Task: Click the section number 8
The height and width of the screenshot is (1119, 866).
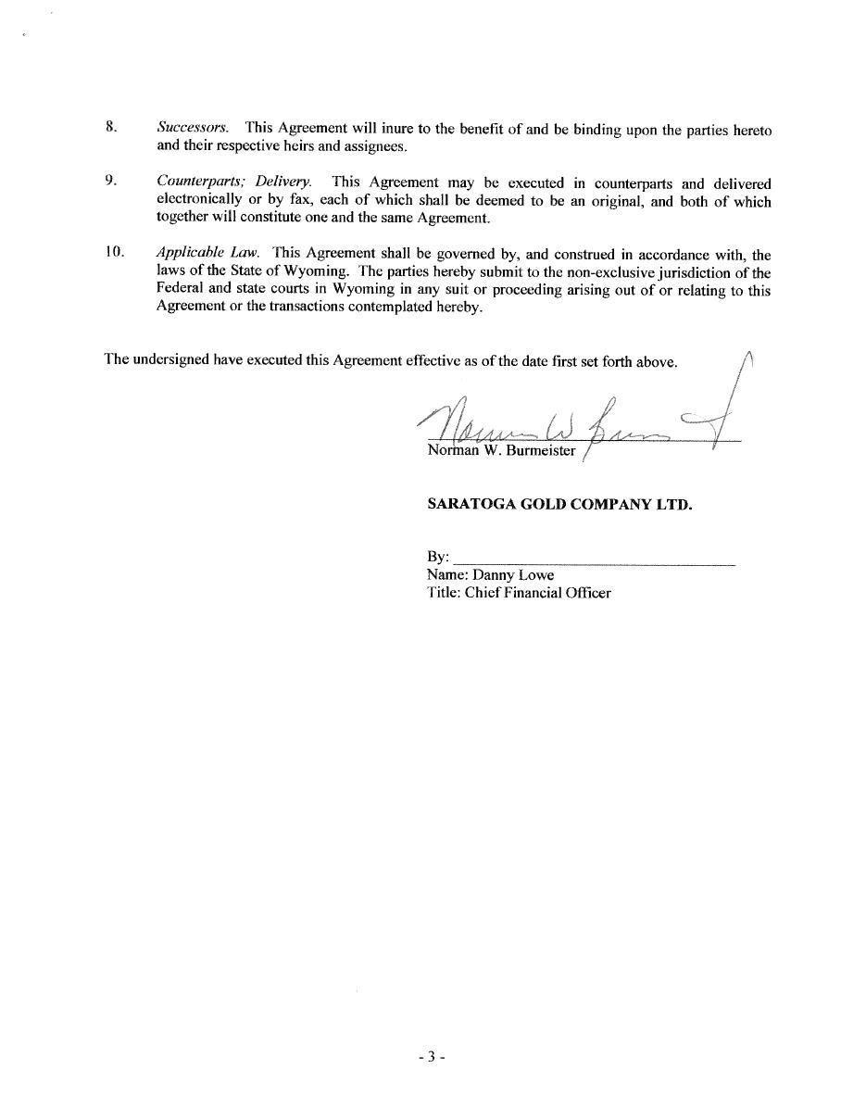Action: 110,127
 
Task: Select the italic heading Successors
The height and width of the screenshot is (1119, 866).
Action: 192,127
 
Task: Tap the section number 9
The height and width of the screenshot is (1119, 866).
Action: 110,181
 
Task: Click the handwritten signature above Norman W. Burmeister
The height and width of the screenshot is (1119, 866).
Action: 574,417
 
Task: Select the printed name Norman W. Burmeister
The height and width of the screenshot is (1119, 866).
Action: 501,451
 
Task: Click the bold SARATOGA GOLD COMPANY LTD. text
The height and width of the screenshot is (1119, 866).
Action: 559,505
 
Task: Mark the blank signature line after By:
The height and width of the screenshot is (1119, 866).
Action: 594,559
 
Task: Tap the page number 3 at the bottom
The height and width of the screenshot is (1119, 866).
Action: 432,1056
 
